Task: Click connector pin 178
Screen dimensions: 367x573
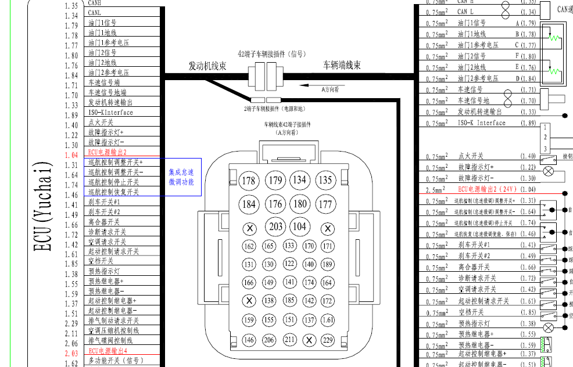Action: coord(249,181)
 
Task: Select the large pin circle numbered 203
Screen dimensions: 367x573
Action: coord(276,226)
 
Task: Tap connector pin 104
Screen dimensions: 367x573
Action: coord(300,226)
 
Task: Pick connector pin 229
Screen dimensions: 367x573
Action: coord(328,340)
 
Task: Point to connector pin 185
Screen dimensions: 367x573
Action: coord(289,301)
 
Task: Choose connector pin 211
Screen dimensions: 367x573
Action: coord(289,340)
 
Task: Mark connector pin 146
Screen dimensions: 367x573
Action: coord(249,340)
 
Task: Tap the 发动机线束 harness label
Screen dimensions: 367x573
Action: coord(207,66)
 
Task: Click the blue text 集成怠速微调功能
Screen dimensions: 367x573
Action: coord(181,177)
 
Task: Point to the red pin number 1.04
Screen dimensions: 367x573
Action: coord(71,155)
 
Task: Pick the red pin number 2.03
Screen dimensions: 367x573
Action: coord(71,352)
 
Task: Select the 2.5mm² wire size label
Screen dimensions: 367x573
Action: coord(436,190)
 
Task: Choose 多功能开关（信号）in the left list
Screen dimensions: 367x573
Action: coord(115,361)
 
